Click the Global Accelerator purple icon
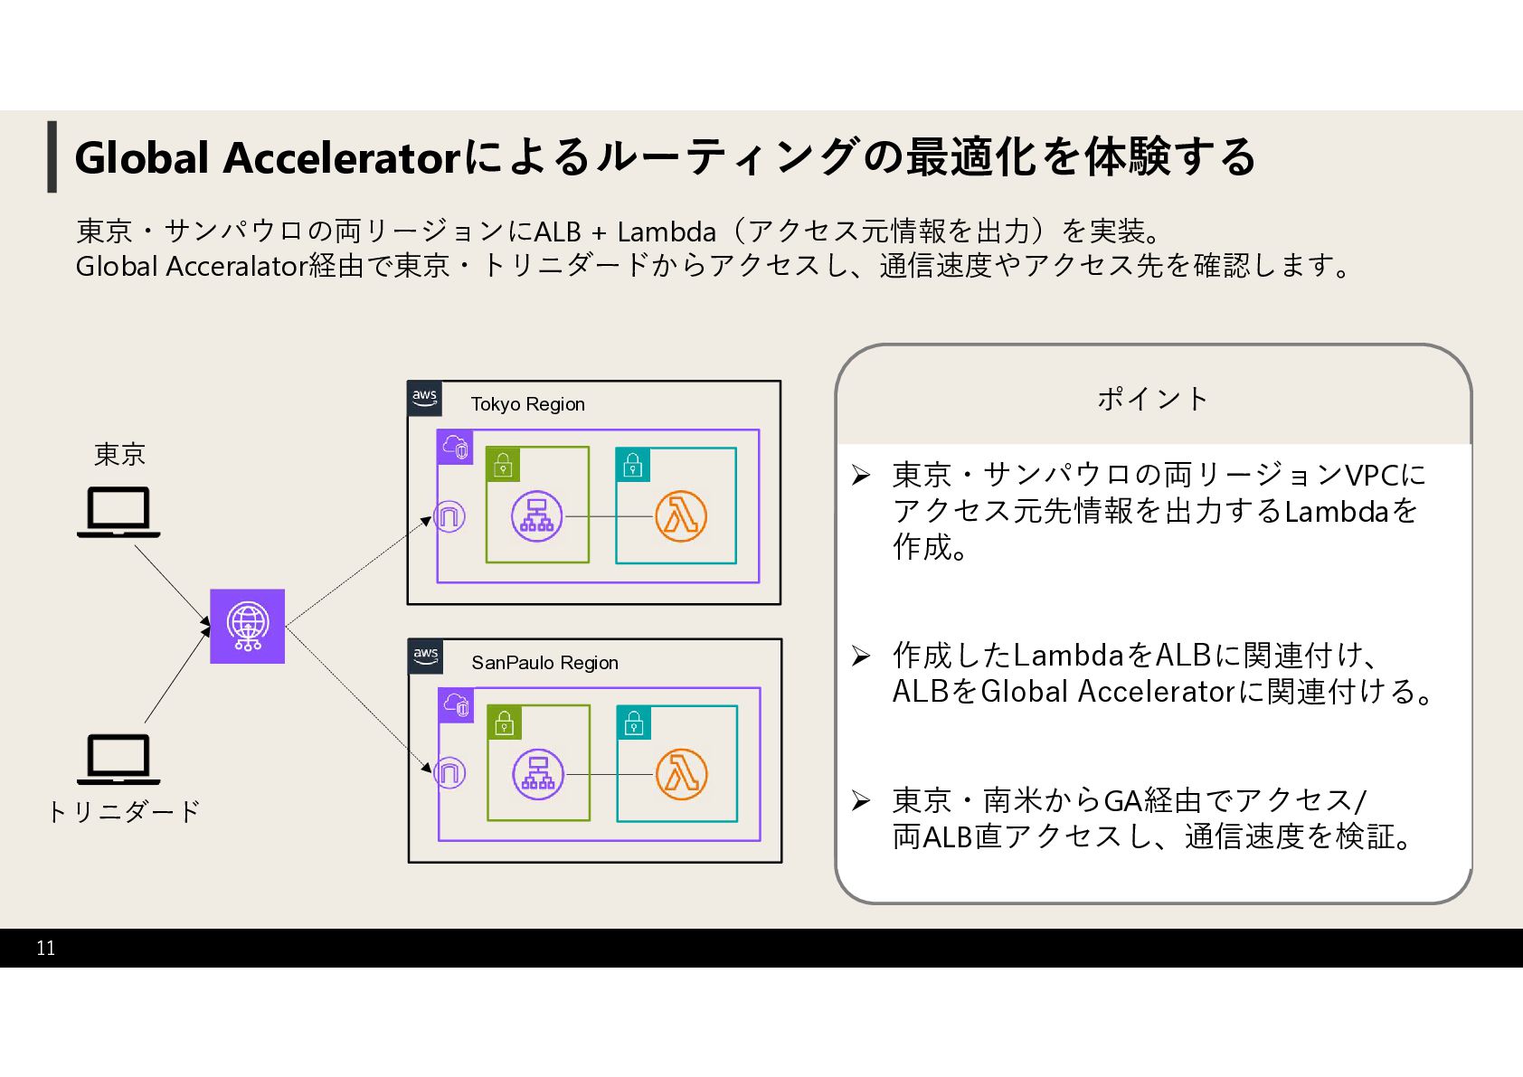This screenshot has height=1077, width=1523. (247, 626)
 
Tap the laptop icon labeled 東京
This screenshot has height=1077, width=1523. (118, 512)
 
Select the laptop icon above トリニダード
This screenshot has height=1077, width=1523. (118, 759)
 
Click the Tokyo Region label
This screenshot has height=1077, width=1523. (527, 404)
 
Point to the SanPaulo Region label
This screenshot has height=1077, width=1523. (544, 663)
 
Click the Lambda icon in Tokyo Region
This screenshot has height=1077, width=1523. (680, 516)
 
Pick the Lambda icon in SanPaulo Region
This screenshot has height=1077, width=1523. (681, 775)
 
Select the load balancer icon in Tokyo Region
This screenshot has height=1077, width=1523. (536, 516)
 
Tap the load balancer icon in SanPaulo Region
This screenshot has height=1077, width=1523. (538, 775)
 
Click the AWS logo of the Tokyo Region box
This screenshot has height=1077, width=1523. (424, 398)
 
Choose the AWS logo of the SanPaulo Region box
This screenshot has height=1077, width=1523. (425, 656)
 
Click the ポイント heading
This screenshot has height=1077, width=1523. (1153, 399)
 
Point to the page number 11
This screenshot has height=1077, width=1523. (46, 948)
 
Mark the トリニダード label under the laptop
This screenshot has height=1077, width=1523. (124, 811)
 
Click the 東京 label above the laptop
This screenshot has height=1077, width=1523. (119, 454)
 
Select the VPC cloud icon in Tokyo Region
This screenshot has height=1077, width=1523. (455, 447)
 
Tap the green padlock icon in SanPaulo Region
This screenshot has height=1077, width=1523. (505, 723)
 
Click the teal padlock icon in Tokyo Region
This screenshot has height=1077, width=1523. (633, 465)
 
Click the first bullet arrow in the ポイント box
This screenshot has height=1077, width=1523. (860, 476)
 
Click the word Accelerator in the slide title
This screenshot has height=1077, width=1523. (342, 157)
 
